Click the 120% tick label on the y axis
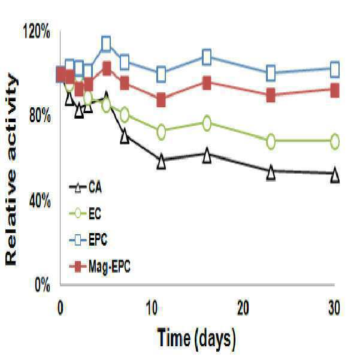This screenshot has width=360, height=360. [37, 32]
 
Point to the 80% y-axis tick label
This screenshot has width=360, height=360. [40, 116]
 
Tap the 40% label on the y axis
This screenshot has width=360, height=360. [40, 201]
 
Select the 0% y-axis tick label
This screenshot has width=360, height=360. [43, 285]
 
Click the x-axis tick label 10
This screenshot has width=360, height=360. [152, 308]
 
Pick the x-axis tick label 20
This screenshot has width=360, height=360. [243, 308]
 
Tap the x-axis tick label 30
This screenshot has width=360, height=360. [334, 308]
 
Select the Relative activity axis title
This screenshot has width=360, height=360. [11, 170]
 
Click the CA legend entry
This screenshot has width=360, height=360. [86, 187]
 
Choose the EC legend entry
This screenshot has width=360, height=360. [85, 213]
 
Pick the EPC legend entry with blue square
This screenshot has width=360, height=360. [88, 240]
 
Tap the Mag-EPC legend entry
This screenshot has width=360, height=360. [99, 267]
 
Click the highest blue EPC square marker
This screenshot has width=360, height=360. [106, 44]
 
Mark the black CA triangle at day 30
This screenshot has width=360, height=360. [335, 174]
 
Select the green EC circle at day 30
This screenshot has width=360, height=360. [335, 141]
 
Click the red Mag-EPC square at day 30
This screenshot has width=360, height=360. [335, 90]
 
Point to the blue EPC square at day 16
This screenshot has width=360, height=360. [207, 57]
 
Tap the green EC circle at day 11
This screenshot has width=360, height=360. [161, 132]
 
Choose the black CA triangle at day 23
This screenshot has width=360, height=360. [271, 173]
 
